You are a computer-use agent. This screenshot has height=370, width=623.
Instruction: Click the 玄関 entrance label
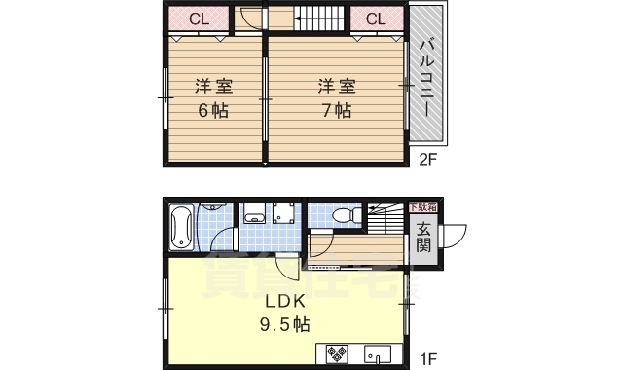(425, 237)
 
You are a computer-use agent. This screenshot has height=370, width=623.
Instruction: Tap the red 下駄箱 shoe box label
(421, 207)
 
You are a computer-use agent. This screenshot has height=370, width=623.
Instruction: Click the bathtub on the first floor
(182, 227)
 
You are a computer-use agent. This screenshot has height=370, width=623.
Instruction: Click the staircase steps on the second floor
(320, 18)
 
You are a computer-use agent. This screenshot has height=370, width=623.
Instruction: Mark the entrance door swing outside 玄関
(453, 237)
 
